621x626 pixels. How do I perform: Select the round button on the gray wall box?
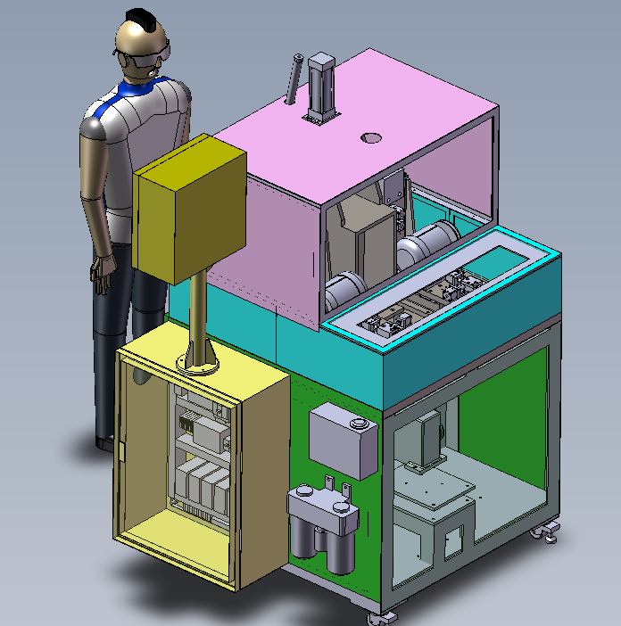(360, 424)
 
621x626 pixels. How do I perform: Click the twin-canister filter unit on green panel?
(325, 526)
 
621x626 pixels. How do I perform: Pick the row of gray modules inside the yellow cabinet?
(203, 486)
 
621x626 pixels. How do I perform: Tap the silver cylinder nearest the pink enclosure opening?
(344, 290)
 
